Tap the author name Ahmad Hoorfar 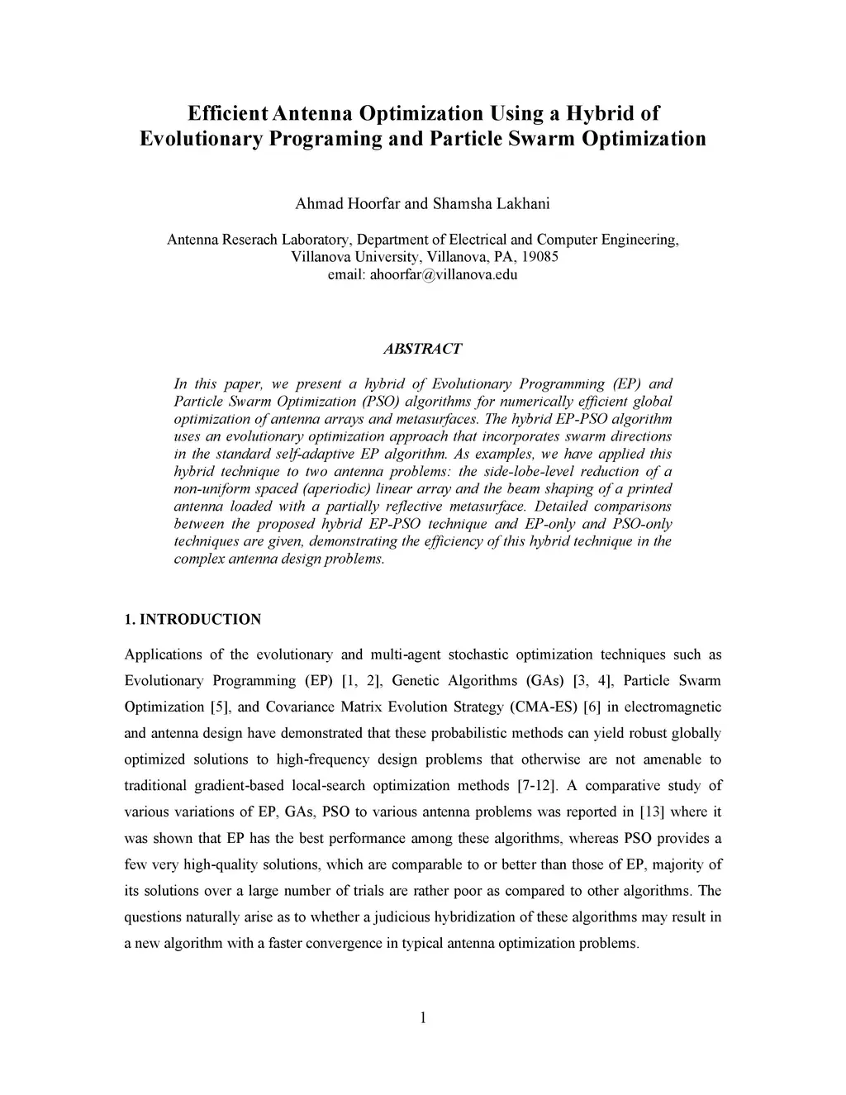point(347,203)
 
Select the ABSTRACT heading point(422,349)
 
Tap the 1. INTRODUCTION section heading point(192,619)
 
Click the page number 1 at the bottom point(422,1017)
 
